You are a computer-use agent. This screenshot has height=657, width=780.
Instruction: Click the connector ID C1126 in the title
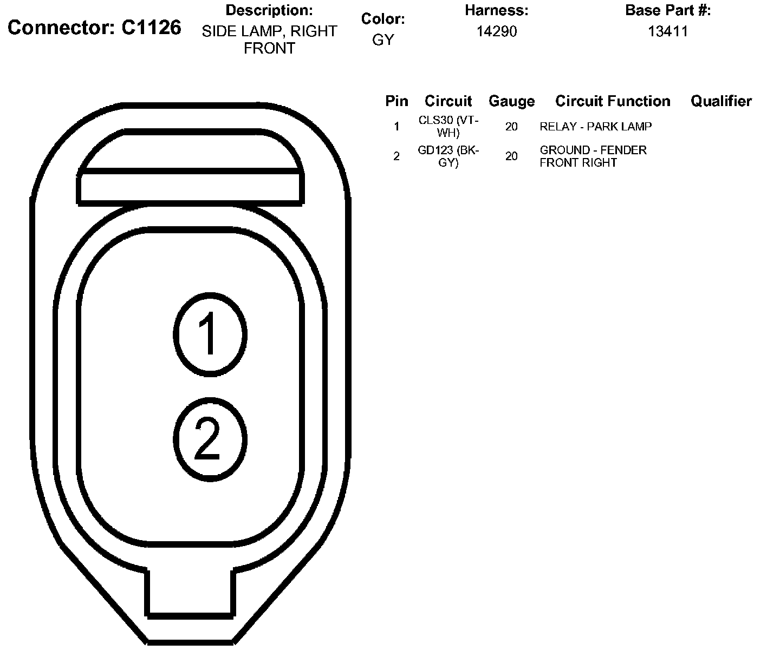point(151,28)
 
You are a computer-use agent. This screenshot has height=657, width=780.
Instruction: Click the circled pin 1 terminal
point(210,334)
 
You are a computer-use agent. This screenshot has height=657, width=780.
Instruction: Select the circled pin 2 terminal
point(210,440)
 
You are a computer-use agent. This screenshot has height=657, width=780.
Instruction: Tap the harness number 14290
point(496,31)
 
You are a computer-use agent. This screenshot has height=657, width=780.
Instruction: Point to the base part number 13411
point(667,31)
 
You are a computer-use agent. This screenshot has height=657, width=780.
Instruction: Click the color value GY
point(383,40)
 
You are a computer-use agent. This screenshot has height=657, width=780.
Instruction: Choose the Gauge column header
point(511,101)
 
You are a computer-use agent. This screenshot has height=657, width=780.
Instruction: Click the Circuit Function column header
point(613,101)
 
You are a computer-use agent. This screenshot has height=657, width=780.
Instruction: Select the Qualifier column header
point(721,101)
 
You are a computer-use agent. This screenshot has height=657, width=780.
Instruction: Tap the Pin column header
point(396,101)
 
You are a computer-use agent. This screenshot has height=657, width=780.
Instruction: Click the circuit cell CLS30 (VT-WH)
point(448,127)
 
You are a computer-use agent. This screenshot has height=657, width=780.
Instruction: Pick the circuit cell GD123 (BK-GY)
point(448,156)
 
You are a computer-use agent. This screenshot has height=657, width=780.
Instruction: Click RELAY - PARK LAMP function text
point(595,127)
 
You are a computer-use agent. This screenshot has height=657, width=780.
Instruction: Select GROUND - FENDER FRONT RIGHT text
point(593,156)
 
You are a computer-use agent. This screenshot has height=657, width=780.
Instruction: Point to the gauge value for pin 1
point(511,127)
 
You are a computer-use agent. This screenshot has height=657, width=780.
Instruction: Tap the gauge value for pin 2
point(511,156)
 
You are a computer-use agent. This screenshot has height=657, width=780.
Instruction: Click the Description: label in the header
point(269,10)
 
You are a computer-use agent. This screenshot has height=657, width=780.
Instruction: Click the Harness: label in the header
point(496,10)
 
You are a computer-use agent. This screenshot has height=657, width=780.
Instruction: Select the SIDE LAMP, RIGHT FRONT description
point(269,40)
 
